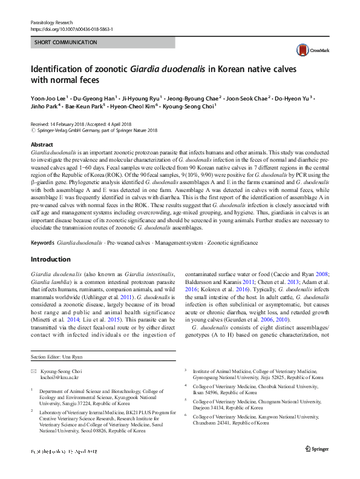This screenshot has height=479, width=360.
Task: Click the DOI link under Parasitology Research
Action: pos(71,29)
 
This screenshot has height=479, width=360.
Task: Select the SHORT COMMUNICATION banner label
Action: pos(66,42)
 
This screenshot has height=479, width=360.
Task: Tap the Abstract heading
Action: pos(42,145)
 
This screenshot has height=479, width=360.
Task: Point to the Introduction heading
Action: pos(50,259)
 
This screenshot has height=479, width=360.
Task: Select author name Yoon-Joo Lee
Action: pos(48,98)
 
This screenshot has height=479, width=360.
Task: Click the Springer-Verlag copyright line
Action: pos(97,130)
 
